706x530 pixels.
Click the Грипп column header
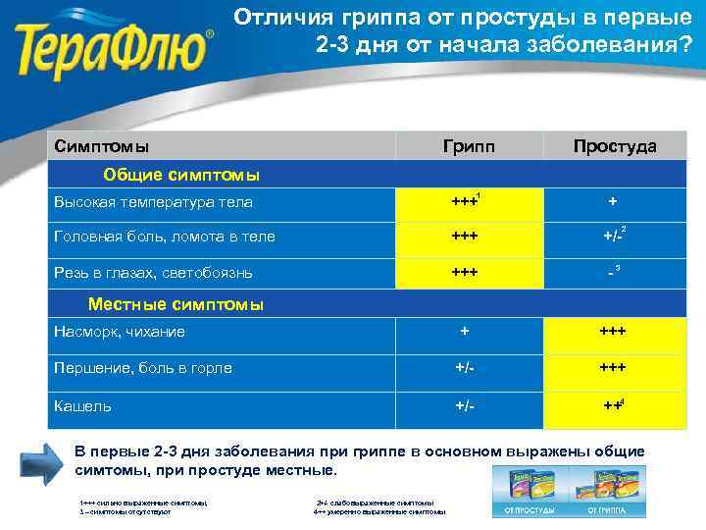469,146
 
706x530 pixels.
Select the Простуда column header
615,146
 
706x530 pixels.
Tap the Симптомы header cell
102,146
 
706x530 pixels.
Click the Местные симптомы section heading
176,304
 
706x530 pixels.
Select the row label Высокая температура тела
154,202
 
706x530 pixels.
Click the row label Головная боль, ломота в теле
165,237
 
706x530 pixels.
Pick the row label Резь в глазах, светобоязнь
154,271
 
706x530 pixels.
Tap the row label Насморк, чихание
120,332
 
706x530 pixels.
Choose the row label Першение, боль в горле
143,368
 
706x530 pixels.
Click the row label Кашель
83,405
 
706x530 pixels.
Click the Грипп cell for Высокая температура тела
467,202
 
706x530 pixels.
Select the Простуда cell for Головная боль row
614,237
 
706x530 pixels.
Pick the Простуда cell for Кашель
614,405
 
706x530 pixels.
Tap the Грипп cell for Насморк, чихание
467,332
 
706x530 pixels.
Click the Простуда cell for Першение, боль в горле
614,368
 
